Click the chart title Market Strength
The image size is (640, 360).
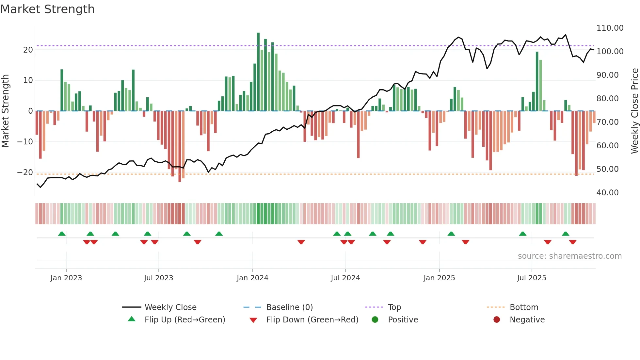47,9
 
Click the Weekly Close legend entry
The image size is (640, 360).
170,307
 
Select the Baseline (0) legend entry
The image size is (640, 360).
289,307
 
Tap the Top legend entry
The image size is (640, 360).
394,307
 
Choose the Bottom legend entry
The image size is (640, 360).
524,307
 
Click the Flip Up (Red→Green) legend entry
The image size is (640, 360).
184,320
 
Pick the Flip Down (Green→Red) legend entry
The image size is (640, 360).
312,320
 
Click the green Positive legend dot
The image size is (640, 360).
375,320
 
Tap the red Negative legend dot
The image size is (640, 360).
497,320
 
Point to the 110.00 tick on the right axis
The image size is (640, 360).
610,28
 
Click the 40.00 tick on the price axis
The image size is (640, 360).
607,193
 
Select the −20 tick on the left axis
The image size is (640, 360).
25,172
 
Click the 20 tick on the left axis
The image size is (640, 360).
28,50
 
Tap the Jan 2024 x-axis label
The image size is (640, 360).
252,278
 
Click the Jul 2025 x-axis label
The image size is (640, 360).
532,278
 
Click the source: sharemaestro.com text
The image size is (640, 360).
569,256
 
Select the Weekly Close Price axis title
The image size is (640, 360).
634,111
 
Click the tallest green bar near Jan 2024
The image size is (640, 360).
258,72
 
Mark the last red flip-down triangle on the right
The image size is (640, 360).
573,242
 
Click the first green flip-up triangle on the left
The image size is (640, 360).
62,234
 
